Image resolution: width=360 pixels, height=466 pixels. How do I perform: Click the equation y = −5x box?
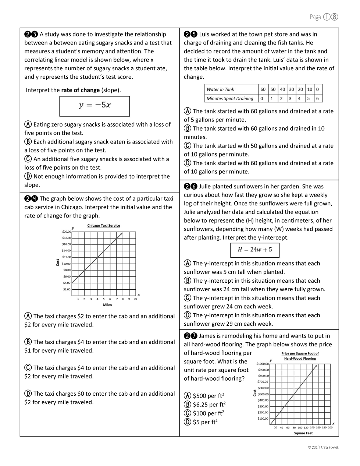click(95, 106)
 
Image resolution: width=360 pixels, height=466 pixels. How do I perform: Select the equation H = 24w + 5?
click(255, 250)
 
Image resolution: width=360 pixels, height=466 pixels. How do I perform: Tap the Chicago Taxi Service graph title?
click(104, 226)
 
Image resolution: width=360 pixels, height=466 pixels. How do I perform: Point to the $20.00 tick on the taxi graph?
click(67, 232)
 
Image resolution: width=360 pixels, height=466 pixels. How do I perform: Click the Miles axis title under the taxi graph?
click(107, 305)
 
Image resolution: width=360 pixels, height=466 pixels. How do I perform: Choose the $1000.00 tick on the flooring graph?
click(263, 364)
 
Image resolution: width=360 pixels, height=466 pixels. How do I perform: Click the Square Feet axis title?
click(303, 433)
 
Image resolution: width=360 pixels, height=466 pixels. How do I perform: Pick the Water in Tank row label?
click(221, 89)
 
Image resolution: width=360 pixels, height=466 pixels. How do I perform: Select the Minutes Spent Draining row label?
click(230, 99)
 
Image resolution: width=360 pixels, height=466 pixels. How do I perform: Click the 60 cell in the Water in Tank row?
click(263, 89)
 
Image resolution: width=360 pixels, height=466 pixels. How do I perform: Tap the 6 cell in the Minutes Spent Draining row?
click(317, 99)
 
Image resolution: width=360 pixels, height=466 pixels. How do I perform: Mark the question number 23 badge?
click(31, 35)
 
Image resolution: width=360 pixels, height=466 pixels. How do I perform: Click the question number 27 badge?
click(190, 336)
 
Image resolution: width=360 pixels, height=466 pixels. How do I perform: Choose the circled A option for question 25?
click(188, 111)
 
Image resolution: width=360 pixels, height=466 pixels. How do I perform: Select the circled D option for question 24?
click(28, 393)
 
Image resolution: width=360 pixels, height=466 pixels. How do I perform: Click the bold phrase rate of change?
click(81, 90)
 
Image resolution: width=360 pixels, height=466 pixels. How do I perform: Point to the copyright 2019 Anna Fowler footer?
click(323, 448)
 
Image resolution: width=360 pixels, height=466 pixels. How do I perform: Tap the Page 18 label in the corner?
click(324, 17)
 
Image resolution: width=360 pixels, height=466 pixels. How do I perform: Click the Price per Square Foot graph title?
click(300, 356)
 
